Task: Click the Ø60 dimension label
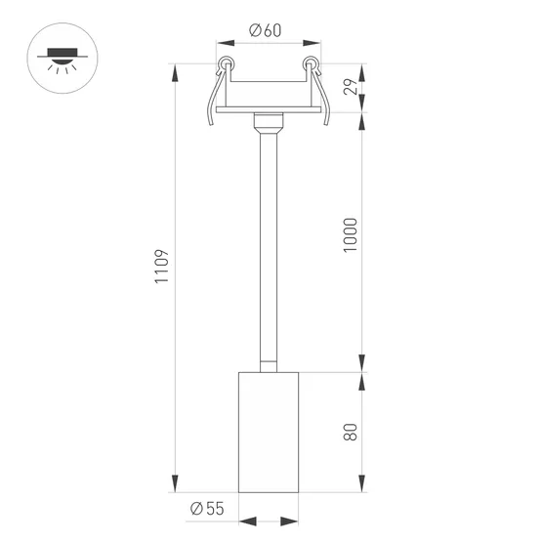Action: coord(266,29)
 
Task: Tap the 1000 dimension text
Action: coord(352,235)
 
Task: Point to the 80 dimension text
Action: coord(352,430)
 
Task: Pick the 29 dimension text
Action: coord(352,89)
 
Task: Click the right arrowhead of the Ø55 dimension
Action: coord(293,521)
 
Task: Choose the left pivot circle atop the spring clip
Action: coord(227,65)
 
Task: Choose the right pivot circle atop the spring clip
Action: coord(312,65)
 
